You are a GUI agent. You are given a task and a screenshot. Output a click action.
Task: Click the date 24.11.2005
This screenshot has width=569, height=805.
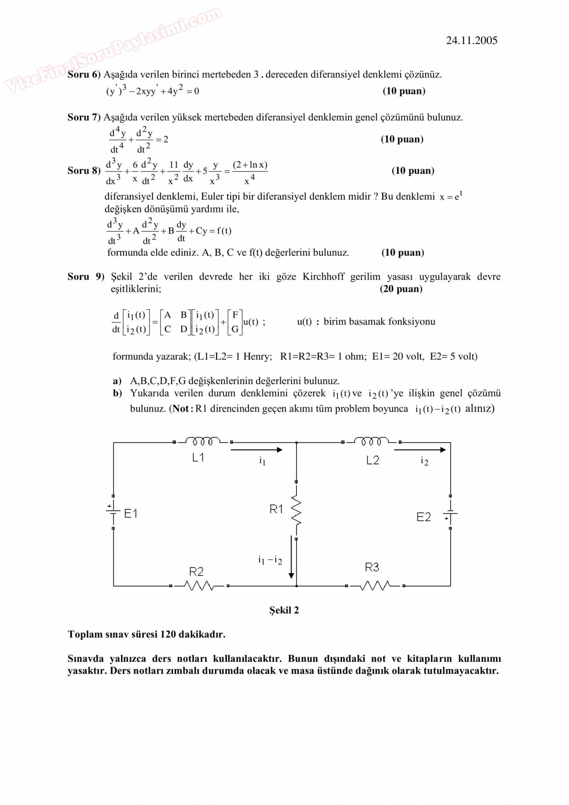pos(471,40)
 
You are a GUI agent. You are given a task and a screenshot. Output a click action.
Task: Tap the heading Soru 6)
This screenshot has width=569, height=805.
pos(84,74)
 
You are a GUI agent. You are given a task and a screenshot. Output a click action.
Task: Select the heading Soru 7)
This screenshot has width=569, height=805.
pos(84,117)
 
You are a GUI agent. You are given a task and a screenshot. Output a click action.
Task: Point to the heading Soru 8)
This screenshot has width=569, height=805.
pos(84,171)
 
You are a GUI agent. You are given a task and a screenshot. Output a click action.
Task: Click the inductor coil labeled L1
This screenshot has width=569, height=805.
pos(202,442)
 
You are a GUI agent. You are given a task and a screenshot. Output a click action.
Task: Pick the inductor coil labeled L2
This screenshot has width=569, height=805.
pos(371,442)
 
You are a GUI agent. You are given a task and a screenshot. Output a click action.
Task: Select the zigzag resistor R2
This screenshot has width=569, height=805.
pos(200,586)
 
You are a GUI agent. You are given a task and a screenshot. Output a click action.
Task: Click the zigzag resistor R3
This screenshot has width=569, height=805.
pos(375,586)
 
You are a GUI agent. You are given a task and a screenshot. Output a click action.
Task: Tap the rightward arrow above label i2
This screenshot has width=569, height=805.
pos(420,450)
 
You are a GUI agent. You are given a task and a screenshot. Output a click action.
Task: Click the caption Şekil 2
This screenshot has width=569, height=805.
pos(284,610)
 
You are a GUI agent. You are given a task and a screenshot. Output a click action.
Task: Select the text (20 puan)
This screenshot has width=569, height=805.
pos(401,289)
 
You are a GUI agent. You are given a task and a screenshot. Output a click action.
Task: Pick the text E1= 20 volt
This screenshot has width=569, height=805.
pos(398,356)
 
